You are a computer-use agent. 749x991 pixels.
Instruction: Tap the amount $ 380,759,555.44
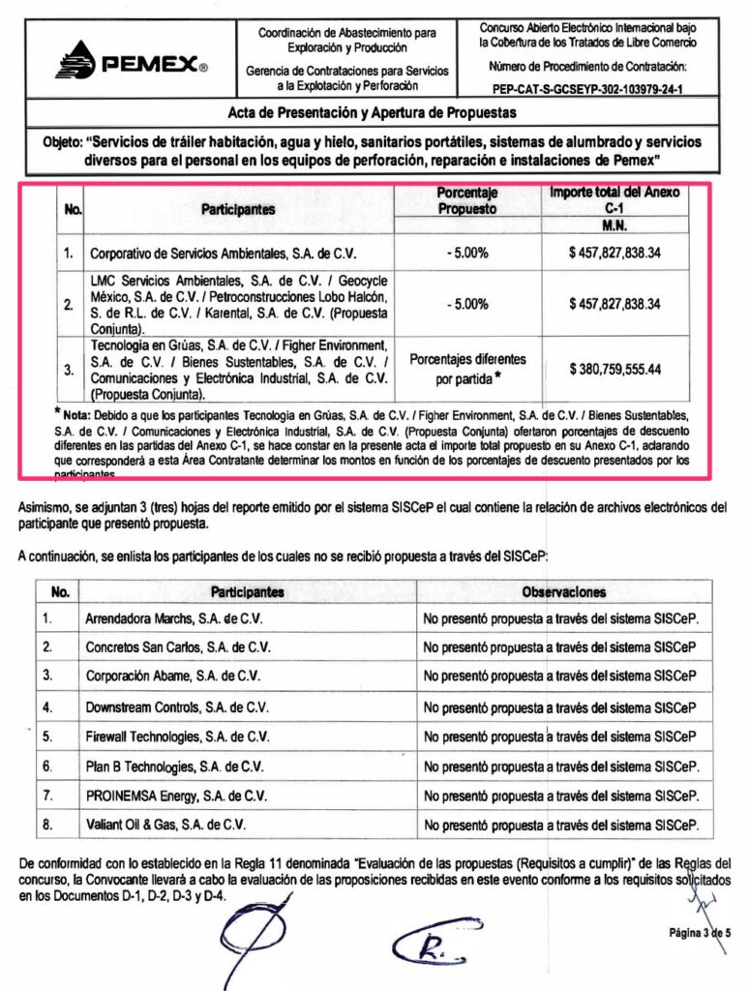614,369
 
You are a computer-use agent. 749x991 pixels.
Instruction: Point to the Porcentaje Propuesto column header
467,200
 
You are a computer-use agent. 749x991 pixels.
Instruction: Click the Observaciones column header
563,591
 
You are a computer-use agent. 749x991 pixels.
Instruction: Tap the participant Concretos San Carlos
178,646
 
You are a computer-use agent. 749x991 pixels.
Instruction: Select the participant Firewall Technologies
177,737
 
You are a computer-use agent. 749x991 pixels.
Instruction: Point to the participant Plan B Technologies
179,767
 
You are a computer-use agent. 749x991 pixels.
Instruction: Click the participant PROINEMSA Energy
176,796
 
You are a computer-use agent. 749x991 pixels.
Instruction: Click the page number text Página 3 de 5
699,932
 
